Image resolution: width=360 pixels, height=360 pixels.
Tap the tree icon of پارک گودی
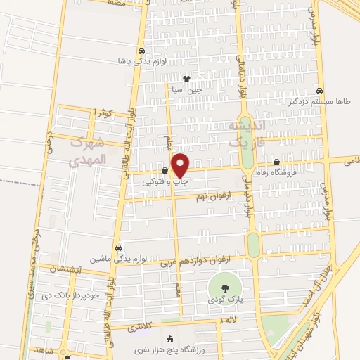click(x=223, y=288)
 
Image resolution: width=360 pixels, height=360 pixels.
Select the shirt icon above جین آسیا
click(x=186, y=79)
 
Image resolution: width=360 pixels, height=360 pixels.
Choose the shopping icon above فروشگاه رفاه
click(x=285, y=162)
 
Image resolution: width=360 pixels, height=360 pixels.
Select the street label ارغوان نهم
click(x=208, y=198)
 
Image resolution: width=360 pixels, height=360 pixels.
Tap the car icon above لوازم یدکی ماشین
click(x=118, y=247)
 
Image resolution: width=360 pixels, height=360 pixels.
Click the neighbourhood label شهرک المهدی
click(x=89, y=151)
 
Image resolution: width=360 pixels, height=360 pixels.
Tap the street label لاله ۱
click(x=230, y=321)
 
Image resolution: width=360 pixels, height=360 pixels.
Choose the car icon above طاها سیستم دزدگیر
click(x=320, y=91)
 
